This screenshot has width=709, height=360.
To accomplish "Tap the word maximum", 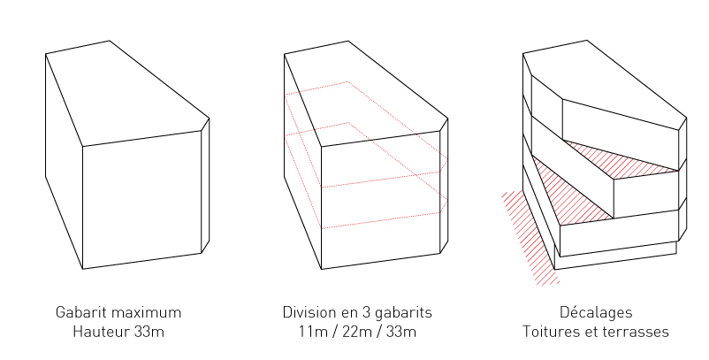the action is [x=146, y=312].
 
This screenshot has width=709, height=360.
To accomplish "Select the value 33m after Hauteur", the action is [x=149, y=332].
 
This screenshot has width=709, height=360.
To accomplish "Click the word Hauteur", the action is [x=102, y=332].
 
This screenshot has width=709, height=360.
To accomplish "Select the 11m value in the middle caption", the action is [x=312, y=332].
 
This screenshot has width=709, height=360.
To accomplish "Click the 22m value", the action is [x=357, y=332].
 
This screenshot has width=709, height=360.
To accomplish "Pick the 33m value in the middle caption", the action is [x=401, y=332].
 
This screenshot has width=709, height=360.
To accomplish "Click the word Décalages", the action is [x=596, y=312].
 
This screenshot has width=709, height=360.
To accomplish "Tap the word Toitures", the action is [x=551, y=332].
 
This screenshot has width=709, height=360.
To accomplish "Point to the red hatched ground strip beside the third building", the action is [x=530, y=238].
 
